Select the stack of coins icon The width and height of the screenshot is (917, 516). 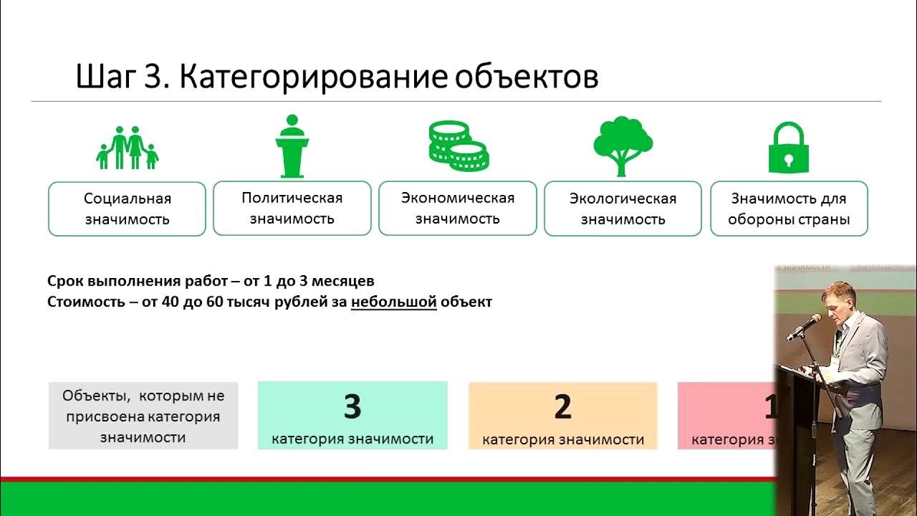point(458,146)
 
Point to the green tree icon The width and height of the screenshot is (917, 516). point(623,145)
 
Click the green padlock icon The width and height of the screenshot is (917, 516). point(788,148)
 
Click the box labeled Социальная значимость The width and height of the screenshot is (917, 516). point(127,209)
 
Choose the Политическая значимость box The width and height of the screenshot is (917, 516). point(292,208)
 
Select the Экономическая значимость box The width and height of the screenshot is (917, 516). point(458,208)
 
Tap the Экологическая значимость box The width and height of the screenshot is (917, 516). point(623,209)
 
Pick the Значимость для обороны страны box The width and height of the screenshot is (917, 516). point(789,209)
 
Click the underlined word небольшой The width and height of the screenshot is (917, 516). point(393,302)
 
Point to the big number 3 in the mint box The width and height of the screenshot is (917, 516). point(352,407)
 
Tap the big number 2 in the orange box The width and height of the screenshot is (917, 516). point(562,407)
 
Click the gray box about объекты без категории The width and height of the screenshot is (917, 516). point(143,416)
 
